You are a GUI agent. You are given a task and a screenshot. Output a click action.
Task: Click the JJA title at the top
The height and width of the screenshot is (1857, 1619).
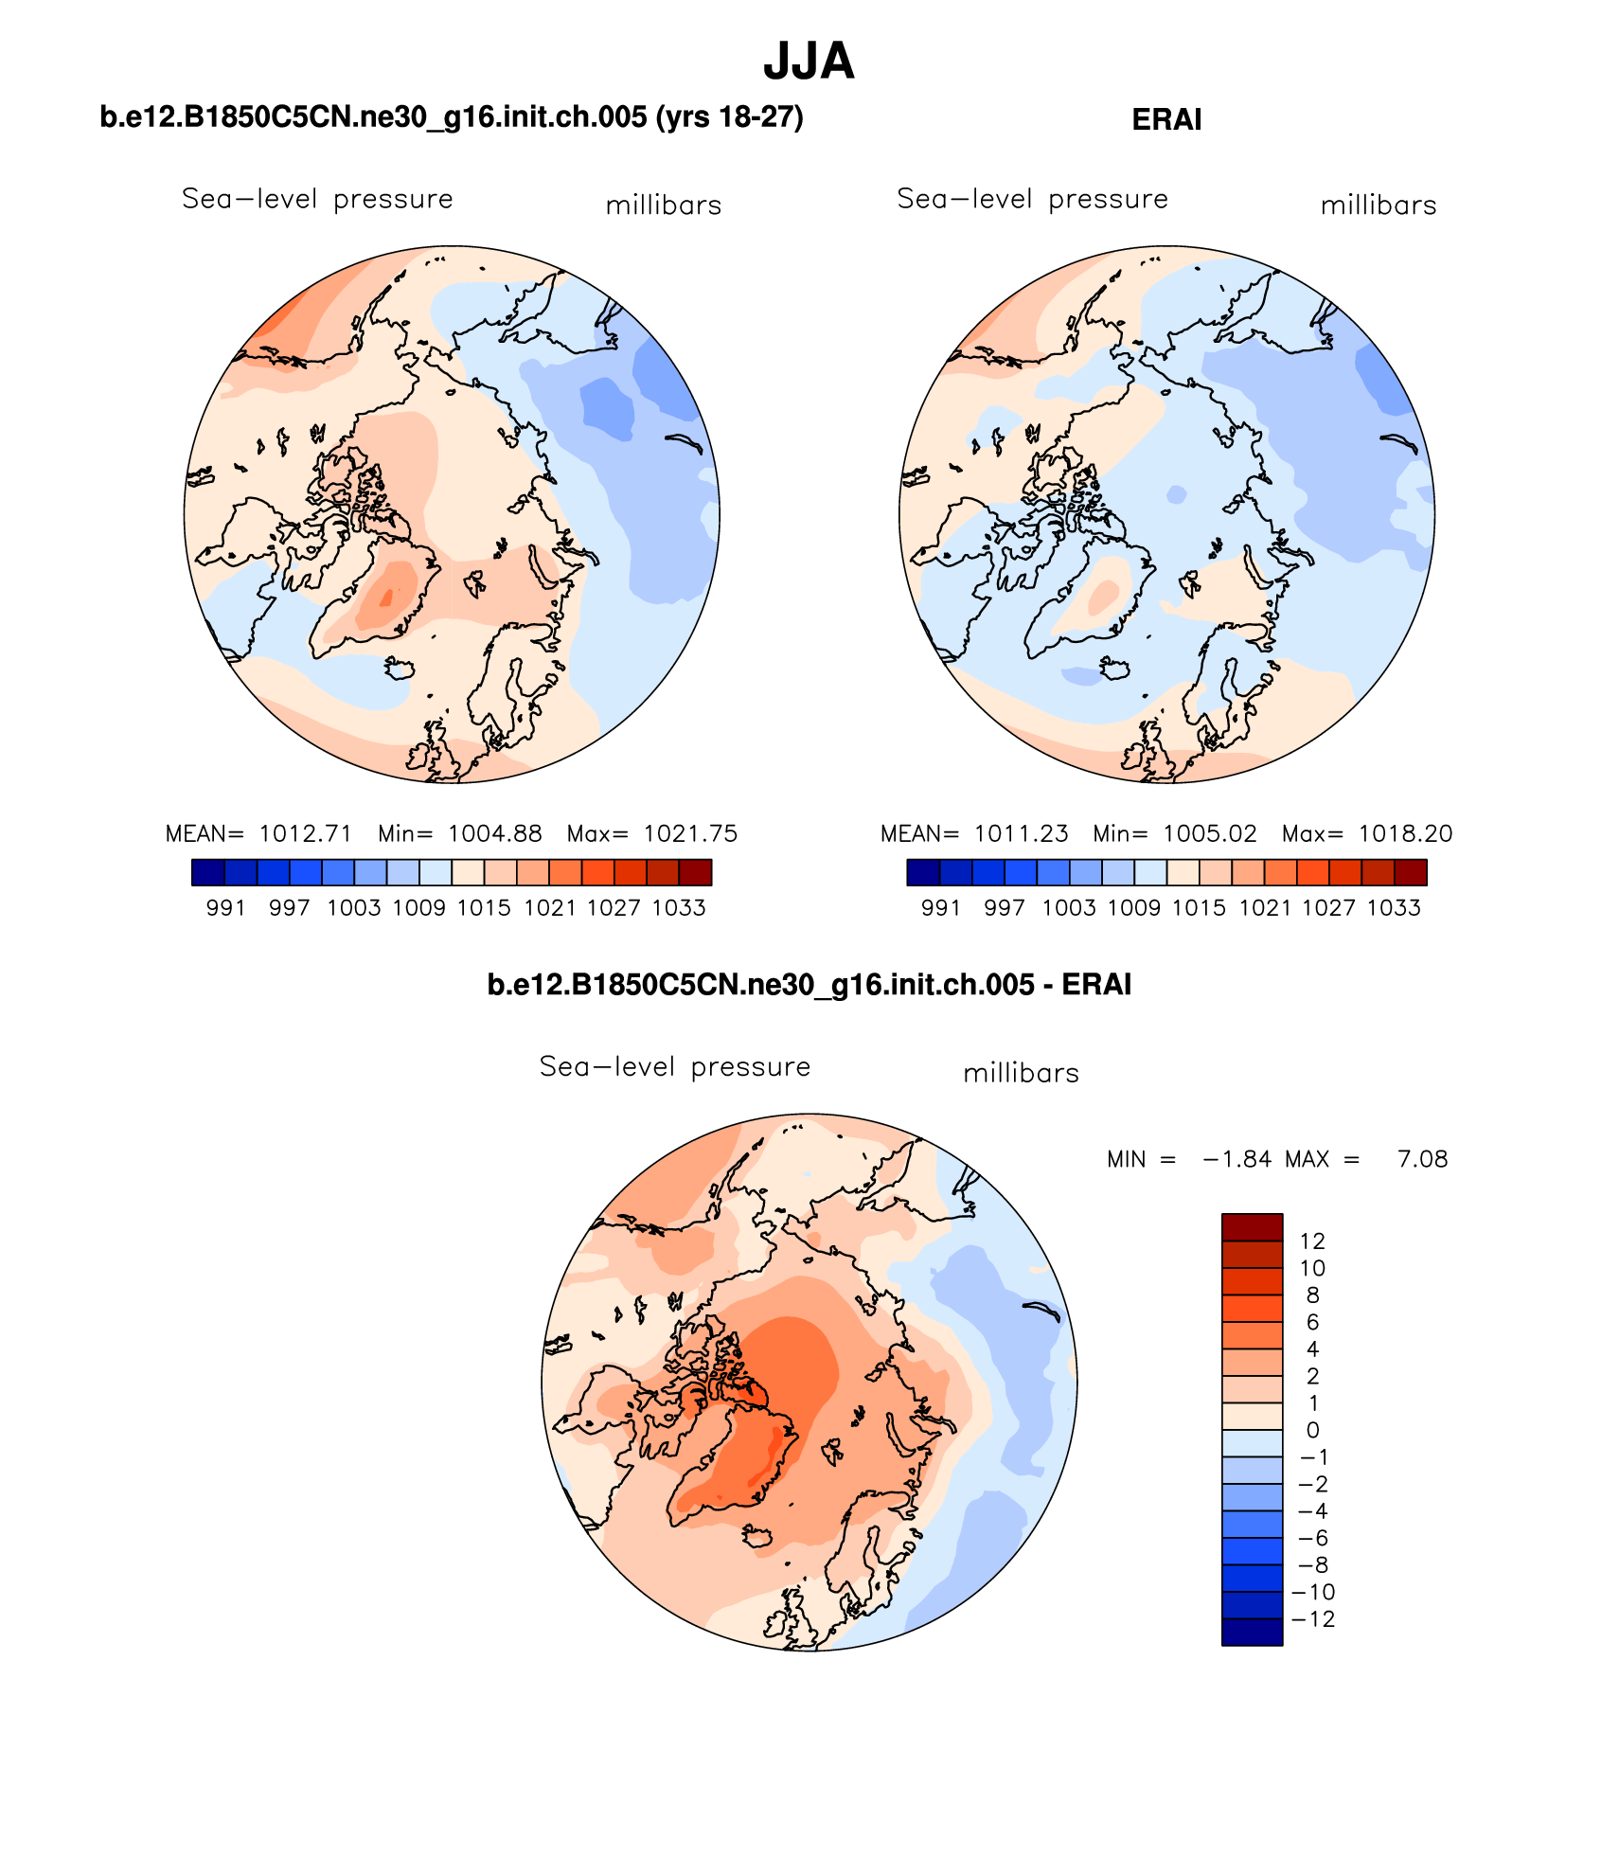click(x=809, y=62)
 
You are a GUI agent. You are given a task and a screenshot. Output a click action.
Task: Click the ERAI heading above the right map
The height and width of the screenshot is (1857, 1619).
click(x=1166, y=119)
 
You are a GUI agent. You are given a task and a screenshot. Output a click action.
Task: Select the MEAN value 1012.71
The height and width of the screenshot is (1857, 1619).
click(x=305, y=833)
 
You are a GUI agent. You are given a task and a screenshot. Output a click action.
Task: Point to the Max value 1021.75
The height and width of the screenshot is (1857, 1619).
click(x=690, y=833)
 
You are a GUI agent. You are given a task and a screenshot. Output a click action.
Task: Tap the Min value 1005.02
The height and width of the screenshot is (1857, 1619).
click(x=1210, y=833)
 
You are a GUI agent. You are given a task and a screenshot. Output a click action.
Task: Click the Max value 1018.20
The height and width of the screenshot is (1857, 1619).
click(x=1405, y=833)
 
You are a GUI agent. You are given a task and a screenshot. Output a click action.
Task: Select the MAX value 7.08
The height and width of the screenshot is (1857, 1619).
click(x=1422, y=1159)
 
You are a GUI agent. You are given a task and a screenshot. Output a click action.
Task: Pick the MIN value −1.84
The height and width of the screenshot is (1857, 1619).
click(x=1236, y=1159)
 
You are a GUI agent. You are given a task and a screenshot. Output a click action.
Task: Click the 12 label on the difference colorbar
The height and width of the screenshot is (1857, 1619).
click(x=1312, y=1241)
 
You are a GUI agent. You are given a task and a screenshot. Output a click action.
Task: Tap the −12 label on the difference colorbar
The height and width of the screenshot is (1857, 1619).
click(x=1313, y=1619)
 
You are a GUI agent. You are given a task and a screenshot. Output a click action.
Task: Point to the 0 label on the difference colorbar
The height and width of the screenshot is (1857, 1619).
click(x=1312, y=1430)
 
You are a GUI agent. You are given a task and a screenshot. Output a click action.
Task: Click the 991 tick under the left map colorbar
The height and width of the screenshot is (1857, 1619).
click(x=225, y=908)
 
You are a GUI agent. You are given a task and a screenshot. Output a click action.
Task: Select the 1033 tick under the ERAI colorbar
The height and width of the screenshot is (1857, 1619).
click(x=1394, y=908)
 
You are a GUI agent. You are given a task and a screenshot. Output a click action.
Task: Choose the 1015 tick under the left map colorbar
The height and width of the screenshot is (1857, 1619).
click(x=484, y=908)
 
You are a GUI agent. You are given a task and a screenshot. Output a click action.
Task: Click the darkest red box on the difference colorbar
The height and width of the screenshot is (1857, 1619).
click(x=1252, y=1227)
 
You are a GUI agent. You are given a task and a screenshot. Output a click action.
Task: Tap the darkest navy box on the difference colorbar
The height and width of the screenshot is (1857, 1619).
click(x=1252, y=1633)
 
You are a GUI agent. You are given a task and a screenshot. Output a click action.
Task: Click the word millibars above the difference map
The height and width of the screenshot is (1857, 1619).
click(x=1021, y=1074)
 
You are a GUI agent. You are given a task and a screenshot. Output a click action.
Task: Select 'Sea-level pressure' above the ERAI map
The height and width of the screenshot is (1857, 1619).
click(x=1032, y=199)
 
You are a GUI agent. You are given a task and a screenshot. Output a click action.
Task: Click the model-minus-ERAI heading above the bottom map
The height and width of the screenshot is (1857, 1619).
click(x=809, y=985)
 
